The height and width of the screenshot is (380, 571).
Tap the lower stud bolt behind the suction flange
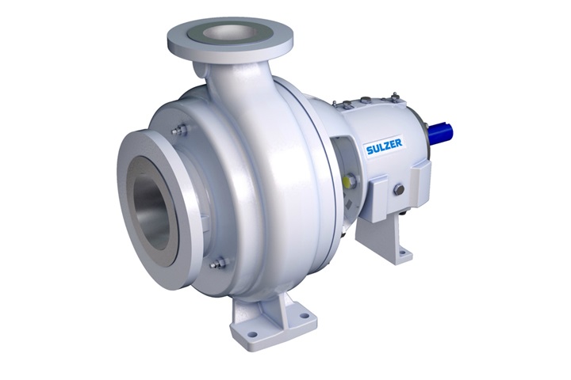click(x=220, y=261)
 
